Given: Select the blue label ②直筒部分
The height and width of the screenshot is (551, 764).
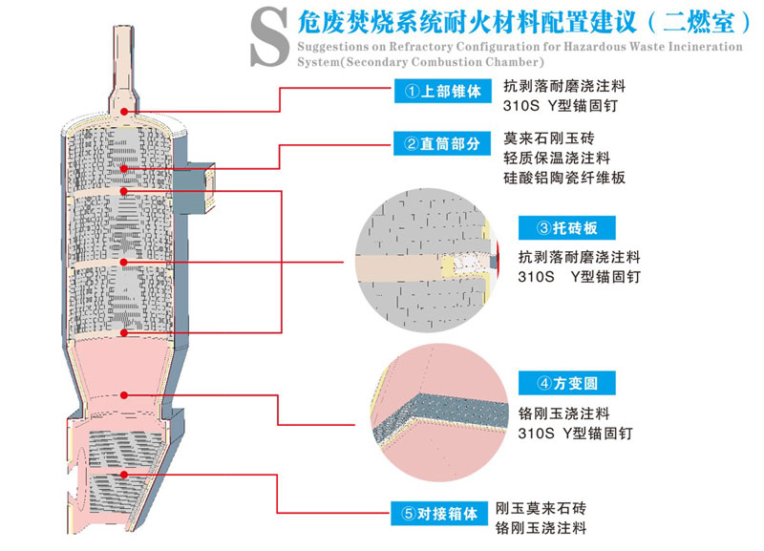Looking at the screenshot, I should [442, 144].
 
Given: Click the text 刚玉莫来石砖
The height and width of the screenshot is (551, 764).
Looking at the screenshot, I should [541, 507].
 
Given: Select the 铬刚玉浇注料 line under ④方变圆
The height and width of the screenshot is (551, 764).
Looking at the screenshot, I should [563, 413].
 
